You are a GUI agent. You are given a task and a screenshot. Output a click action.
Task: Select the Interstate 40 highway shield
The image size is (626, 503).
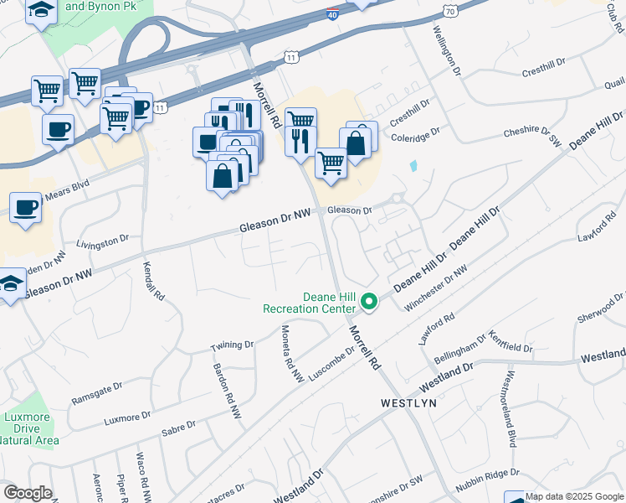point(332,13)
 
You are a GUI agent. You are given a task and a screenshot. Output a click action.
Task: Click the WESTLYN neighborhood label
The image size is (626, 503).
point(408,403)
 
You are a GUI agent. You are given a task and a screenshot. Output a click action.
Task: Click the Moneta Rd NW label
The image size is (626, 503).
point(291,355)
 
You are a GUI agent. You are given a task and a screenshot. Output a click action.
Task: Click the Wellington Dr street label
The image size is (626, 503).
point(447,51)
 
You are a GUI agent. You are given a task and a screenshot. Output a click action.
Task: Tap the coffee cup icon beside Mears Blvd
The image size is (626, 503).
point(25,207)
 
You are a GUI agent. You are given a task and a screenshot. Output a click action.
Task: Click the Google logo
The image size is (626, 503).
point(27,493)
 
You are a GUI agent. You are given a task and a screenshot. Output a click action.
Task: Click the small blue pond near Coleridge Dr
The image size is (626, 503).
point(413,166)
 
